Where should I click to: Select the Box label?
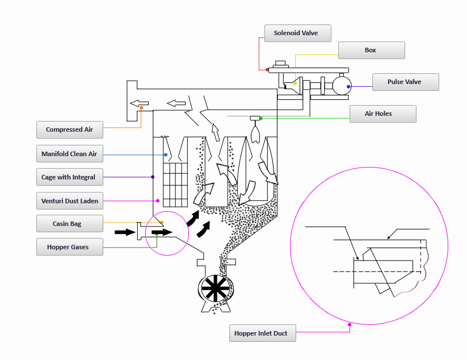pos(371,50)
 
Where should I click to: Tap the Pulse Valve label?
pos(405,82)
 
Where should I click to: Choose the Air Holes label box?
pos(382,114)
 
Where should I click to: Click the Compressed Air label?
pos(70,129)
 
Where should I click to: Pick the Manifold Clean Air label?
pos(70,154)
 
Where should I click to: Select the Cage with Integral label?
pos(70,177)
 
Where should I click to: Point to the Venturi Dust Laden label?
pos(70,200)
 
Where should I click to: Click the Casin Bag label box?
pos(70,224)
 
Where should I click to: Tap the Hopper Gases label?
pos(70,247)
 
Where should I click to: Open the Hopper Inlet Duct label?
pos(262,333)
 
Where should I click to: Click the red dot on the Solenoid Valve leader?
pos(268,69)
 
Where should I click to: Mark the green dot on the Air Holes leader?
pos(261,118)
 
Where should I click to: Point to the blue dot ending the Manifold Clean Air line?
pos(166,154)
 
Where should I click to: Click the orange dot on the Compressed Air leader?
pos(141,108)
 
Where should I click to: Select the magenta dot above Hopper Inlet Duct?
pos(350,325)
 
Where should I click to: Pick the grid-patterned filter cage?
pos(175,185)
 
